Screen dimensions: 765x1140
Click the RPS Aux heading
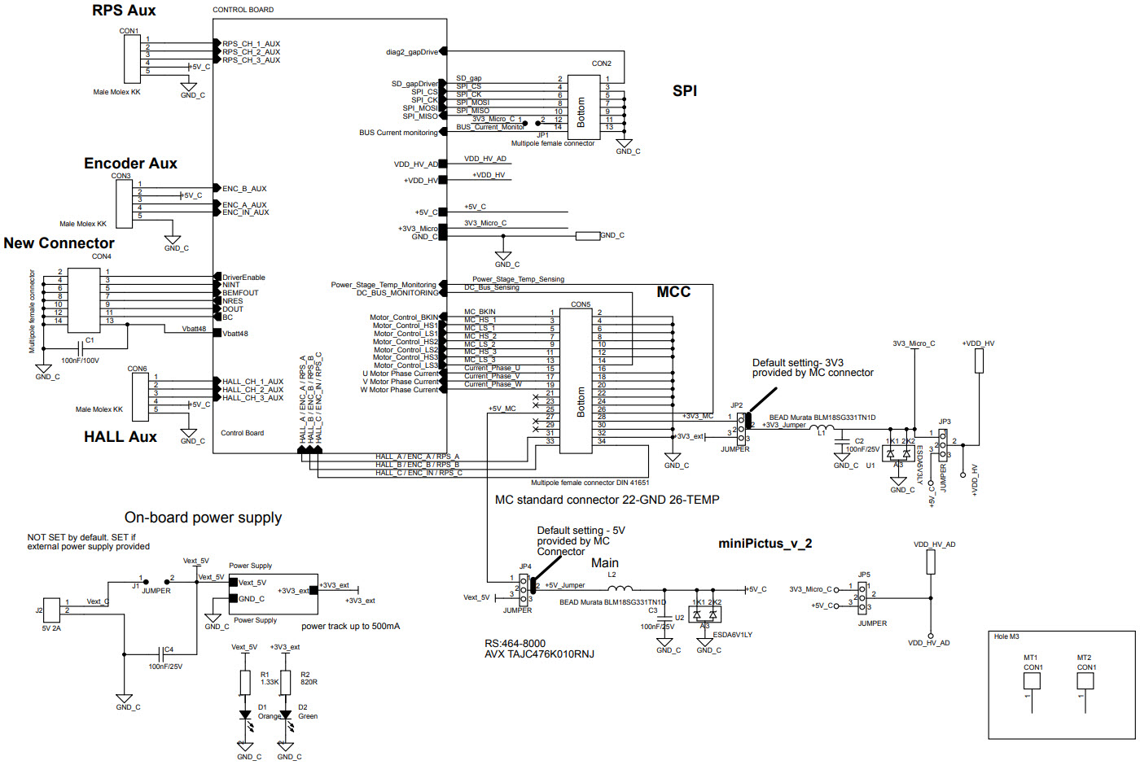124,11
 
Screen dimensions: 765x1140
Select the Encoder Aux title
130,164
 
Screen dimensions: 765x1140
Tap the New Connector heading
59,243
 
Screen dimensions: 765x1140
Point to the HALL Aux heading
120,437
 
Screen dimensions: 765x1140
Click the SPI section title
684,91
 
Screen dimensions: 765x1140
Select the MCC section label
673,292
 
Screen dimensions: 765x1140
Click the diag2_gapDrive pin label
411,52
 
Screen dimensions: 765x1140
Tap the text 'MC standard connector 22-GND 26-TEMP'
607,500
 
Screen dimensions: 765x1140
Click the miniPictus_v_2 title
765,544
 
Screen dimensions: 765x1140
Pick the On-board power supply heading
203,518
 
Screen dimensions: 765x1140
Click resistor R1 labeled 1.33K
245,683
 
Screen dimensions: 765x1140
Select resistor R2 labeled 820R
286,683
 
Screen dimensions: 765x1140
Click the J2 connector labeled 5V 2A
51,610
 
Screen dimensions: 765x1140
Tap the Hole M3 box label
1006,636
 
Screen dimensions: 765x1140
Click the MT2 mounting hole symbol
1085,680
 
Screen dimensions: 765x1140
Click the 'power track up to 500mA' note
350,626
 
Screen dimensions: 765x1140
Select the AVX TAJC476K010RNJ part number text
539,654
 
